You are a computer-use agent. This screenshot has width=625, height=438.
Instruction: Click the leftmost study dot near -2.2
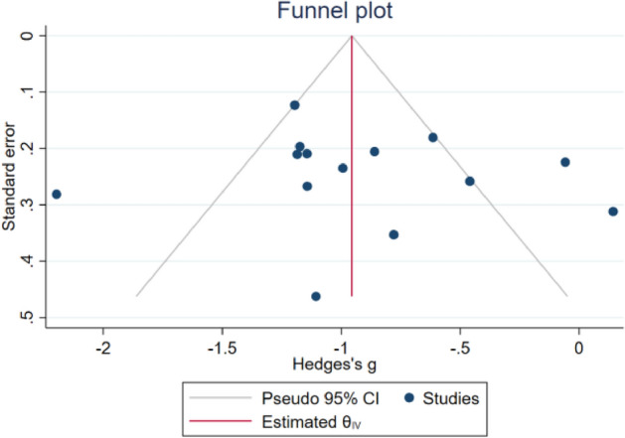click(57, 195)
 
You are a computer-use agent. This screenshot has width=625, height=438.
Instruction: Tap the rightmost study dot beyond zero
click(613, 212)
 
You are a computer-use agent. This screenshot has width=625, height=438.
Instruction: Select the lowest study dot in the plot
click(316, 296)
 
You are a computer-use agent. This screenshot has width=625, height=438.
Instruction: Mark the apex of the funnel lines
click(352, 35)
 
